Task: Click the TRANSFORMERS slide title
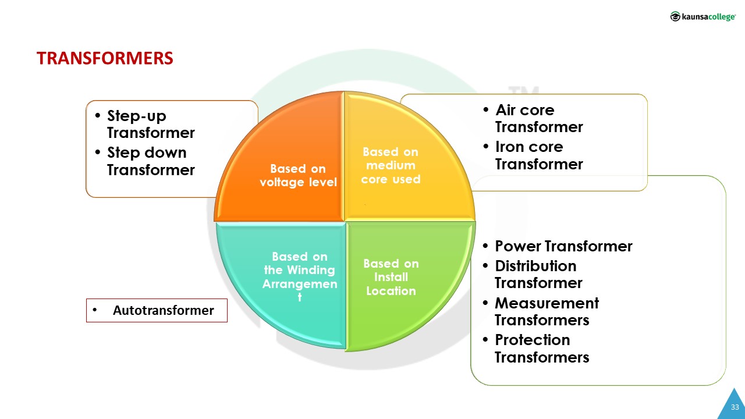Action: (x=105, y=58)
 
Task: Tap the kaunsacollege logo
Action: (x=703, y=17)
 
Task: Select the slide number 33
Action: (x=735, y=407)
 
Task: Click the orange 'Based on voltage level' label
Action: (x=297, y=175)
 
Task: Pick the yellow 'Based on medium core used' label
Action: (x=391, y=165)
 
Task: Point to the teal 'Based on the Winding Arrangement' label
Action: (x=300, y=276)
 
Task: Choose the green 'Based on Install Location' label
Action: (x=391, y=277)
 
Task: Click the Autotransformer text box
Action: (x=157, y=310)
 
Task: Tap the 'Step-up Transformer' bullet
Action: (x=150, y=125)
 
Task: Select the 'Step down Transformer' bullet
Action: (x=150, y=161)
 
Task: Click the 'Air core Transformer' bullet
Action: (x=538, y=118)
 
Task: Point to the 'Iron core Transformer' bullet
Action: (x=538, y=155)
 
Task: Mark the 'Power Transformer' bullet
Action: (x=563, y=246)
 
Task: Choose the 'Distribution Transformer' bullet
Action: (x=538, y=274)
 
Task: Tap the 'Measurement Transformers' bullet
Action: (x=546, y=311)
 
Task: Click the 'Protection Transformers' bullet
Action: (x=541, y=348)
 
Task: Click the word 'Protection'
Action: (x=532, y=340)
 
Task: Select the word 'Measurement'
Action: (x=547, y=303)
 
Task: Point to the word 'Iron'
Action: (x=510, y=147)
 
